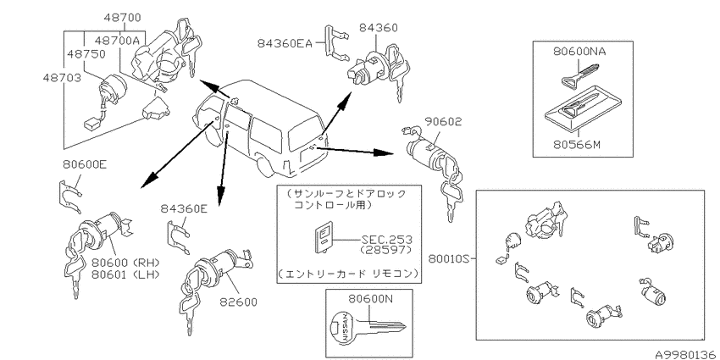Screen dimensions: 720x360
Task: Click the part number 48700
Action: coord(122,19)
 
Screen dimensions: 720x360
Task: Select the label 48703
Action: coord(63,78)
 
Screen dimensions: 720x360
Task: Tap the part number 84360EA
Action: coord(285,43)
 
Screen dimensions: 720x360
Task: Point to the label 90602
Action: coord(443,122)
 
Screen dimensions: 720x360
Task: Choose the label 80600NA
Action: coord(579,52)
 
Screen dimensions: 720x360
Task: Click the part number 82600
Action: coord(238,302)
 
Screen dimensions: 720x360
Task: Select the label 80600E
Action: coord(85,164)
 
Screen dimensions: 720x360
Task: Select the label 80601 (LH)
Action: coord(125,274)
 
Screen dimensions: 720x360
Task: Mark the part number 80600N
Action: coord(370,299)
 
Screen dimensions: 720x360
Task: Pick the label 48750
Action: coord(86,53)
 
